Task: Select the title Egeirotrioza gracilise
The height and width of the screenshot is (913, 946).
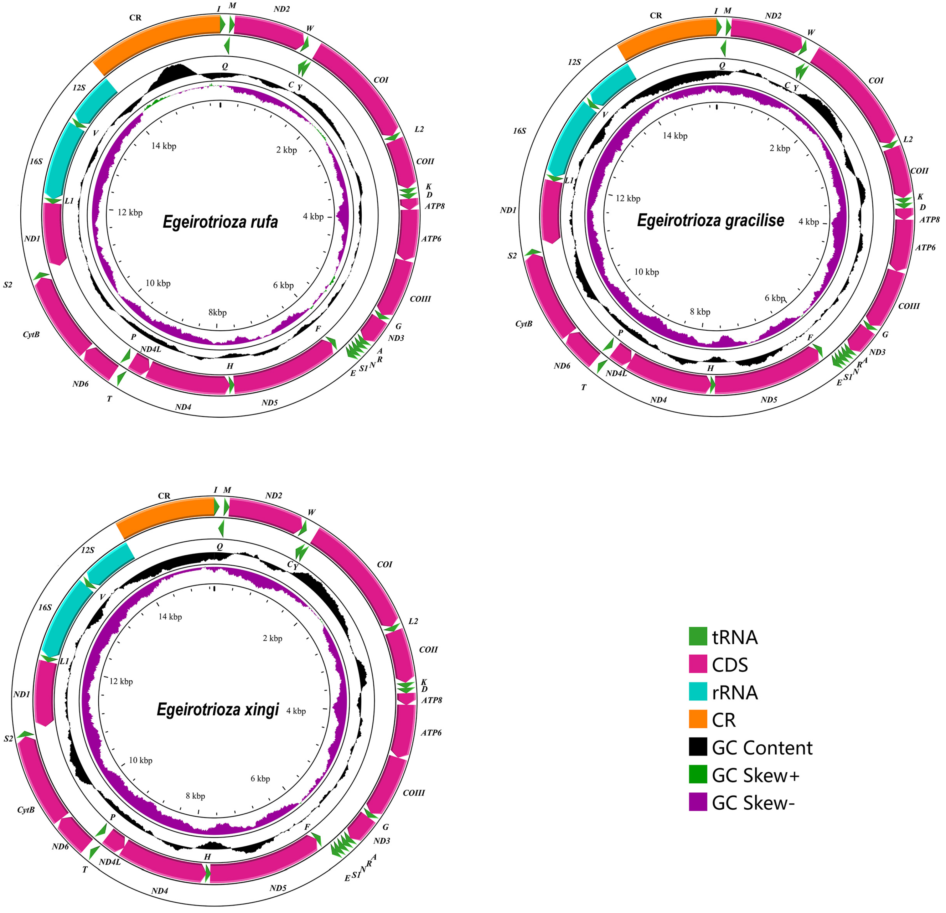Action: point(711,220)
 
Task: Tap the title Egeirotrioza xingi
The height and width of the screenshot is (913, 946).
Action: point(218,709)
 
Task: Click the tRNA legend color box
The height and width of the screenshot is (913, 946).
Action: point(697,637)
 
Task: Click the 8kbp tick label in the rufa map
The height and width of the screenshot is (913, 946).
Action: point(217,312)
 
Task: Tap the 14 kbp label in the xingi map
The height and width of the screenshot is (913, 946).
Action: point(170,617)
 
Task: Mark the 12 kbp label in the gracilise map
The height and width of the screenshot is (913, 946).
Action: point(628,198)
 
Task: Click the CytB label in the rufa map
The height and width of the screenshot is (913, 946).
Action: point(31,334)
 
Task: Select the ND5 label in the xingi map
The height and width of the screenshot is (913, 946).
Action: point(278,888)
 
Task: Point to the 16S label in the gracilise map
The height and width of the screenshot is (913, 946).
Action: point(519,131)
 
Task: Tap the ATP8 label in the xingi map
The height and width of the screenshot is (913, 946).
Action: point(432,700)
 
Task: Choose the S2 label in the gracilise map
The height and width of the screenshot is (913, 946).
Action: point(512,256)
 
